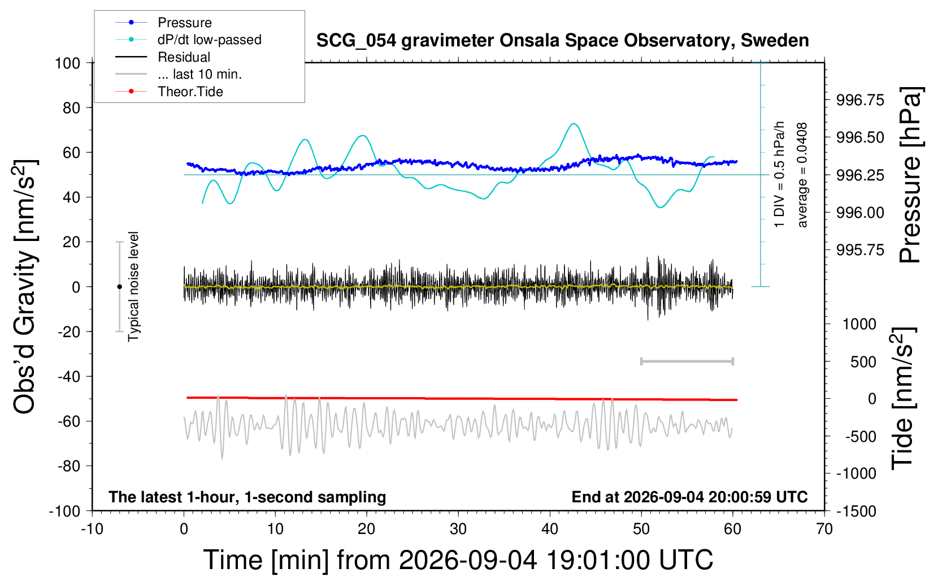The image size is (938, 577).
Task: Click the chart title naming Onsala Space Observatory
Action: coord(562,41)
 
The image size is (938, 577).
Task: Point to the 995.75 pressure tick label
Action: coord(859,250)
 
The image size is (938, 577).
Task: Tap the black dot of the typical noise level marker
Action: coord(119,287)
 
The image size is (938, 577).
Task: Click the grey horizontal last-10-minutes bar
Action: coord(687,361)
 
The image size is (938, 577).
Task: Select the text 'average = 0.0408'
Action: coord(802,175)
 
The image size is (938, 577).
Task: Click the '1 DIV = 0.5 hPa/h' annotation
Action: coord(779,174)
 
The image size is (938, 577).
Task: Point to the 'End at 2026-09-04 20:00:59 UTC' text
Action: coord(689,497)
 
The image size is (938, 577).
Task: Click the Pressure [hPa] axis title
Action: coord(910,175)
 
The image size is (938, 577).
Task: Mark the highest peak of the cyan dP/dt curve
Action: coord(574,123)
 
